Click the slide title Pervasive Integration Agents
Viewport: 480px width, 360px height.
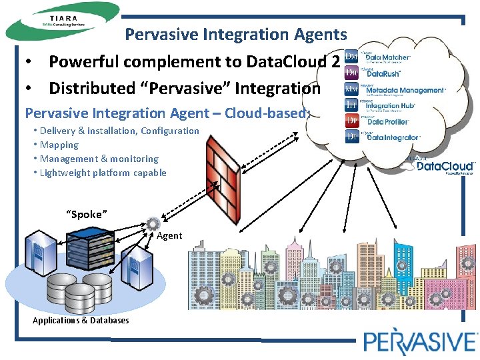click(x=236, y=34)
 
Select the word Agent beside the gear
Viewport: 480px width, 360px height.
click(x=169, y=235)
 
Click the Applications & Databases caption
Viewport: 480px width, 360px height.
click(x=81, y=321)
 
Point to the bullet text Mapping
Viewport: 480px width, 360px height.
click(x=59, y=145)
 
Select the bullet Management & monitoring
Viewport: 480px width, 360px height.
click(x=99, y=159)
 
